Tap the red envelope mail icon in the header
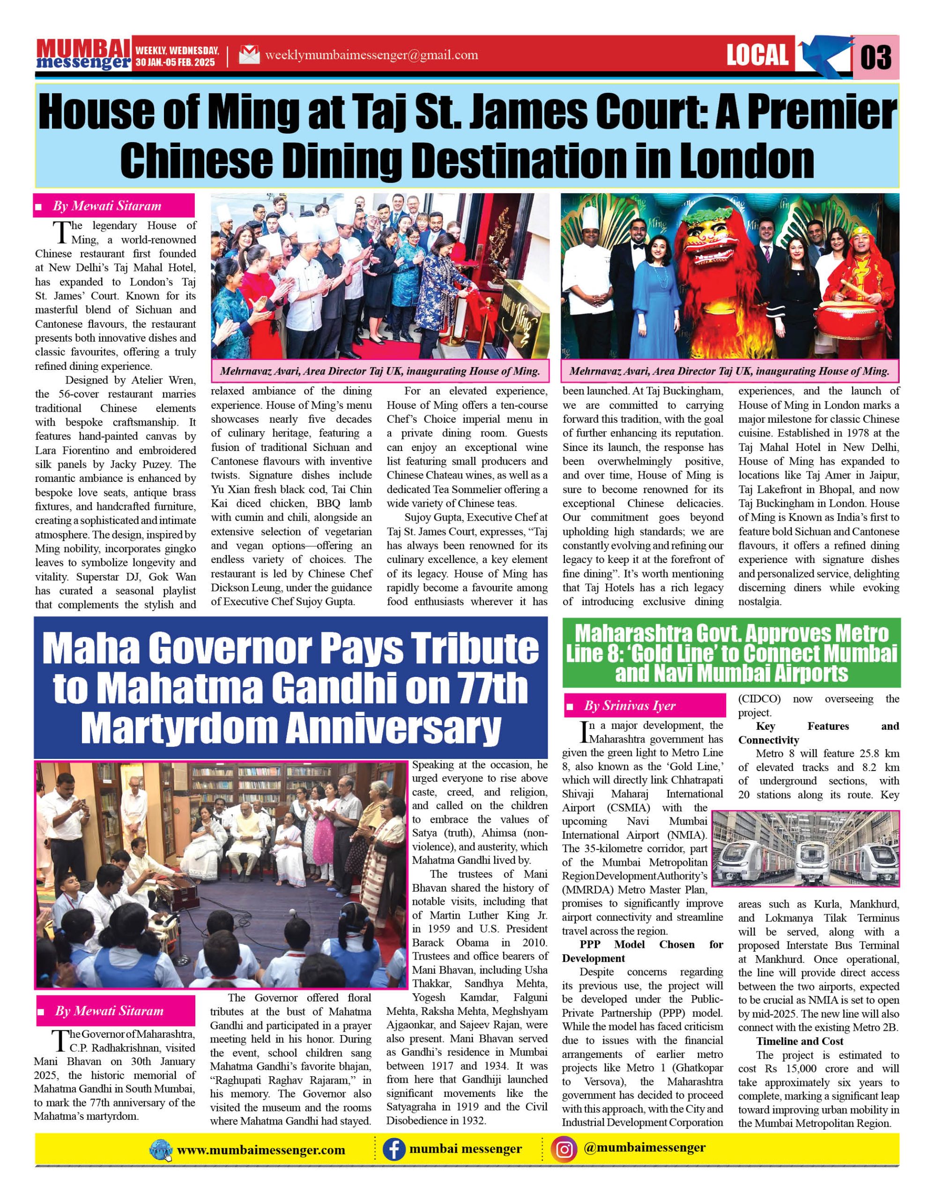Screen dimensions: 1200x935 (x=249, y=55)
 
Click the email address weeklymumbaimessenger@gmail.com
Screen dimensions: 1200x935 (x=371, y=55)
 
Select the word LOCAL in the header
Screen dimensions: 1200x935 (x=757, y=55)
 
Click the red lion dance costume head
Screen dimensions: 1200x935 (x=712, y=247)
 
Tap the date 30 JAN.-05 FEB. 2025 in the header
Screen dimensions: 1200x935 (x=176, y=63)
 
